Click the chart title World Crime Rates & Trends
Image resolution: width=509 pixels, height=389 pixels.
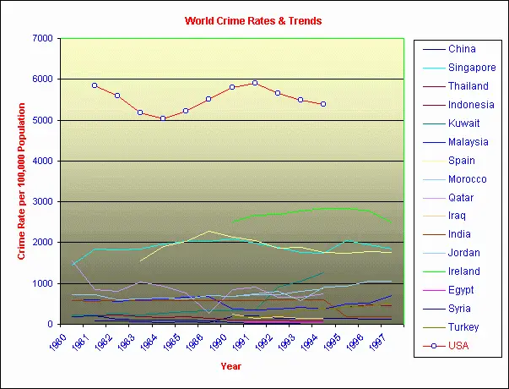[253, 20]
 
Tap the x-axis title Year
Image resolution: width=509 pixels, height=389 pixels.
[230, 367]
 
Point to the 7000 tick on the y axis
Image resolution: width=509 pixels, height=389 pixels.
[42, 39]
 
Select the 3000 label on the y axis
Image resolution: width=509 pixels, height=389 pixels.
[42, 201]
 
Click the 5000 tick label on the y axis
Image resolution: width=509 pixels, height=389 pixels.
[42, 120]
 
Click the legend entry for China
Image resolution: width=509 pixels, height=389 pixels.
[462, 49]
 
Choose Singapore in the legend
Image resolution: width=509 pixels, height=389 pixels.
[471, 68]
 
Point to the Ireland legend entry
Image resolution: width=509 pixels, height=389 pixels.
[464, 271]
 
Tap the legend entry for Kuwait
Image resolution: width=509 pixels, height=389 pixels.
[464, 123]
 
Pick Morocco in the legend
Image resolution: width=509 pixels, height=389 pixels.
[467, 179]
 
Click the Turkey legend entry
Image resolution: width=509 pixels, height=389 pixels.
[463, 326]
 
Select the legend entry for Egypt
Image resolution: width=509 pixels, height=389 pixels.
[462, 290]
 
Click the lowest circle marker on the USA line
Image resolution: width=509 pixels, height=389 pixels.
[163, 118]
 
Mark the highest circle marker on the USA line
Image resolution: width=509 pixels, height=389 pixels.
[255, 83]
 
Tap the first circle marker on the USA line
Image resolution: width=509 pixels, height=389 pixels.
[95, 85]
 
